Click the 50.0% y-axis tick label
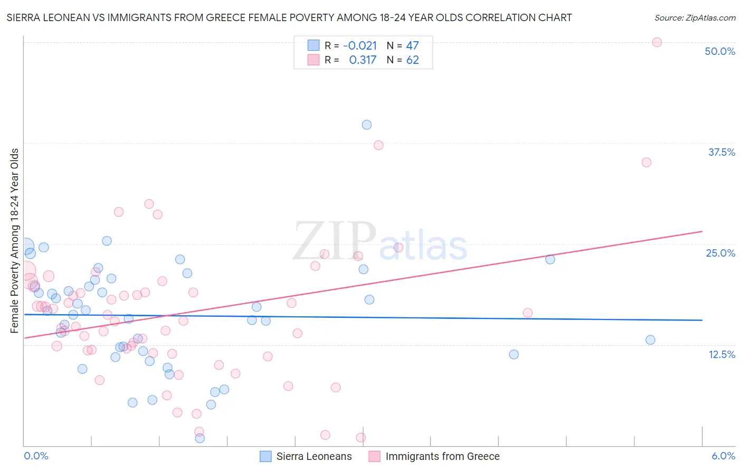click(x=720, y=51)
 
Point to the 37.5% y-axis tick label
click(x=721, y=152)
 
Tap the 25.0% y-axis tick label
click(x=720, y=253)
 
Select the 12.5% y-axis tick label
click(x=721, y=354)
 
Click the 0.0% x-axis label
click(x=36, y=456)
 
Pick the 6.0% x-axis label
click(x=723, y=456)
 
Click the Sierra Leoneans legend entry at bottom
click(x=306, y=456)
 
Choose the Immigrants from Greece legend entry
click(x=434, y=456)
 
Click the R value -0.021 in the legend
click(x=360, y=45)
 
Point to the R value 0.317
click(x=363, y=60)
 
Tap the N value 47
click(x=412, y=45)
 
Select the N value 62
click(x=412, y=60)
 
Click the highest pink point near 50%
click(x=657, y=42)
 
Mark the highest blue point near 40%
click(x=367, y=125)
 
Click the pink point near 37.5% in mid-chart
click(x=378, y=145)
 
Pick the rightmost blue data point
click(x=650, y=340)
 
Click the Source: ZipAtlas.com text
click(x=695, y=18)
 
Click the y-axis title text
click(x=15, y=241)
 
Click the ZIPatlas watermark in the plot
click(x=380, y=242)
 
